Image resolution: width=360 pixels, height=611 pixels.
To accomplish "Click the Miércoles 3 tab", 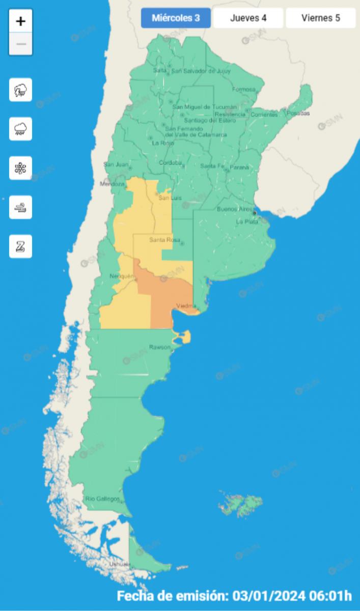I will (x=175, y=18).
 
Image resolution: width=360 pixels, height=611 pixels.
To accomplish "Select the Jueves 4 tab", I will (x=248, y=18).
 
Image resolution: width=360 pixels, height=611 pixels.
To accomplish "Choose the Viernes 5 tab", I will (x=320, y=18).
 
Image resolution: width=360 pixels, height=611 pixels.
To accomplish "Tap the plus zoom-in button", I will (x=21, y=21).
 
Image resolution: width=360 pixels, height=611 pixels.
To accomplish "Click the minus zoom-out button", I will (x=21, y=44).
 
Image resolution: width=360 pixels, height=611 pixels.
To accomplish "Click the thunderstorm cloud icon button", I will (x=21, y=90).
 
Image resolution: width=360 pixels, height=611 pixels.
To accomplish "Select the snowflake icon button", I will (x=21, y=168).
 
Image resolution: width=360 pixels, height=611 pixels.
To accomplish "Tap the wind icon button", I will (x=21, y=207).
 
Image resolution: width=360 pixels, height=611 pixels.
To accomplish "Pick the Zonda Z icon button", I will (x=21, y=246).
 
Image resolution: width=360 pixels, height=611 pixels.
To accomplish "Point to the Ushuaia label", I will (x=120, y=564).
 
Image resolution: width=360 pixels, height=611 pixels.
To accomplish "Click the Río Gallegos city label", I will (x=102, y=498).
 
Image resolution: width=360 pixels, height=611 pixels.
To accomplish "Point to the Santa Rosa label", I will (x=162, y=240).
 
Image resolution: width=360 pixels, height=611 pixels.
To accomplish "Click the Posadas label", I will (x=298, y=113).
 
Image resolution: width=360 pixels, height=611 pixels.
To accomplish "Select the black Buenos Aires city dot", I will (x=254, y=213).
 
